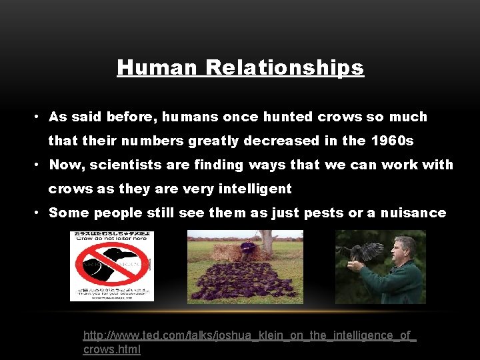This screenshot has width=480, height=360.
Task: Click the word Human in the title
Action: pos(158,67)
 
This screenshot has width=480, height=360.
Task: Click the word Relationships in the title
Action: pos(285,67)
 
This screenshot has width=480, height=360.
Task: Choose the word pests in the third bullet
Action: pos(325,213)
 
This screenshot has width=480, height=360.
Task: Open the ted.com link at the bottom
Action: pos(249,342)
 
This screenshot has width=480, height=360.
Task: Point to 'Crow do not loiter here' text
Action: pos(111,243)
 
